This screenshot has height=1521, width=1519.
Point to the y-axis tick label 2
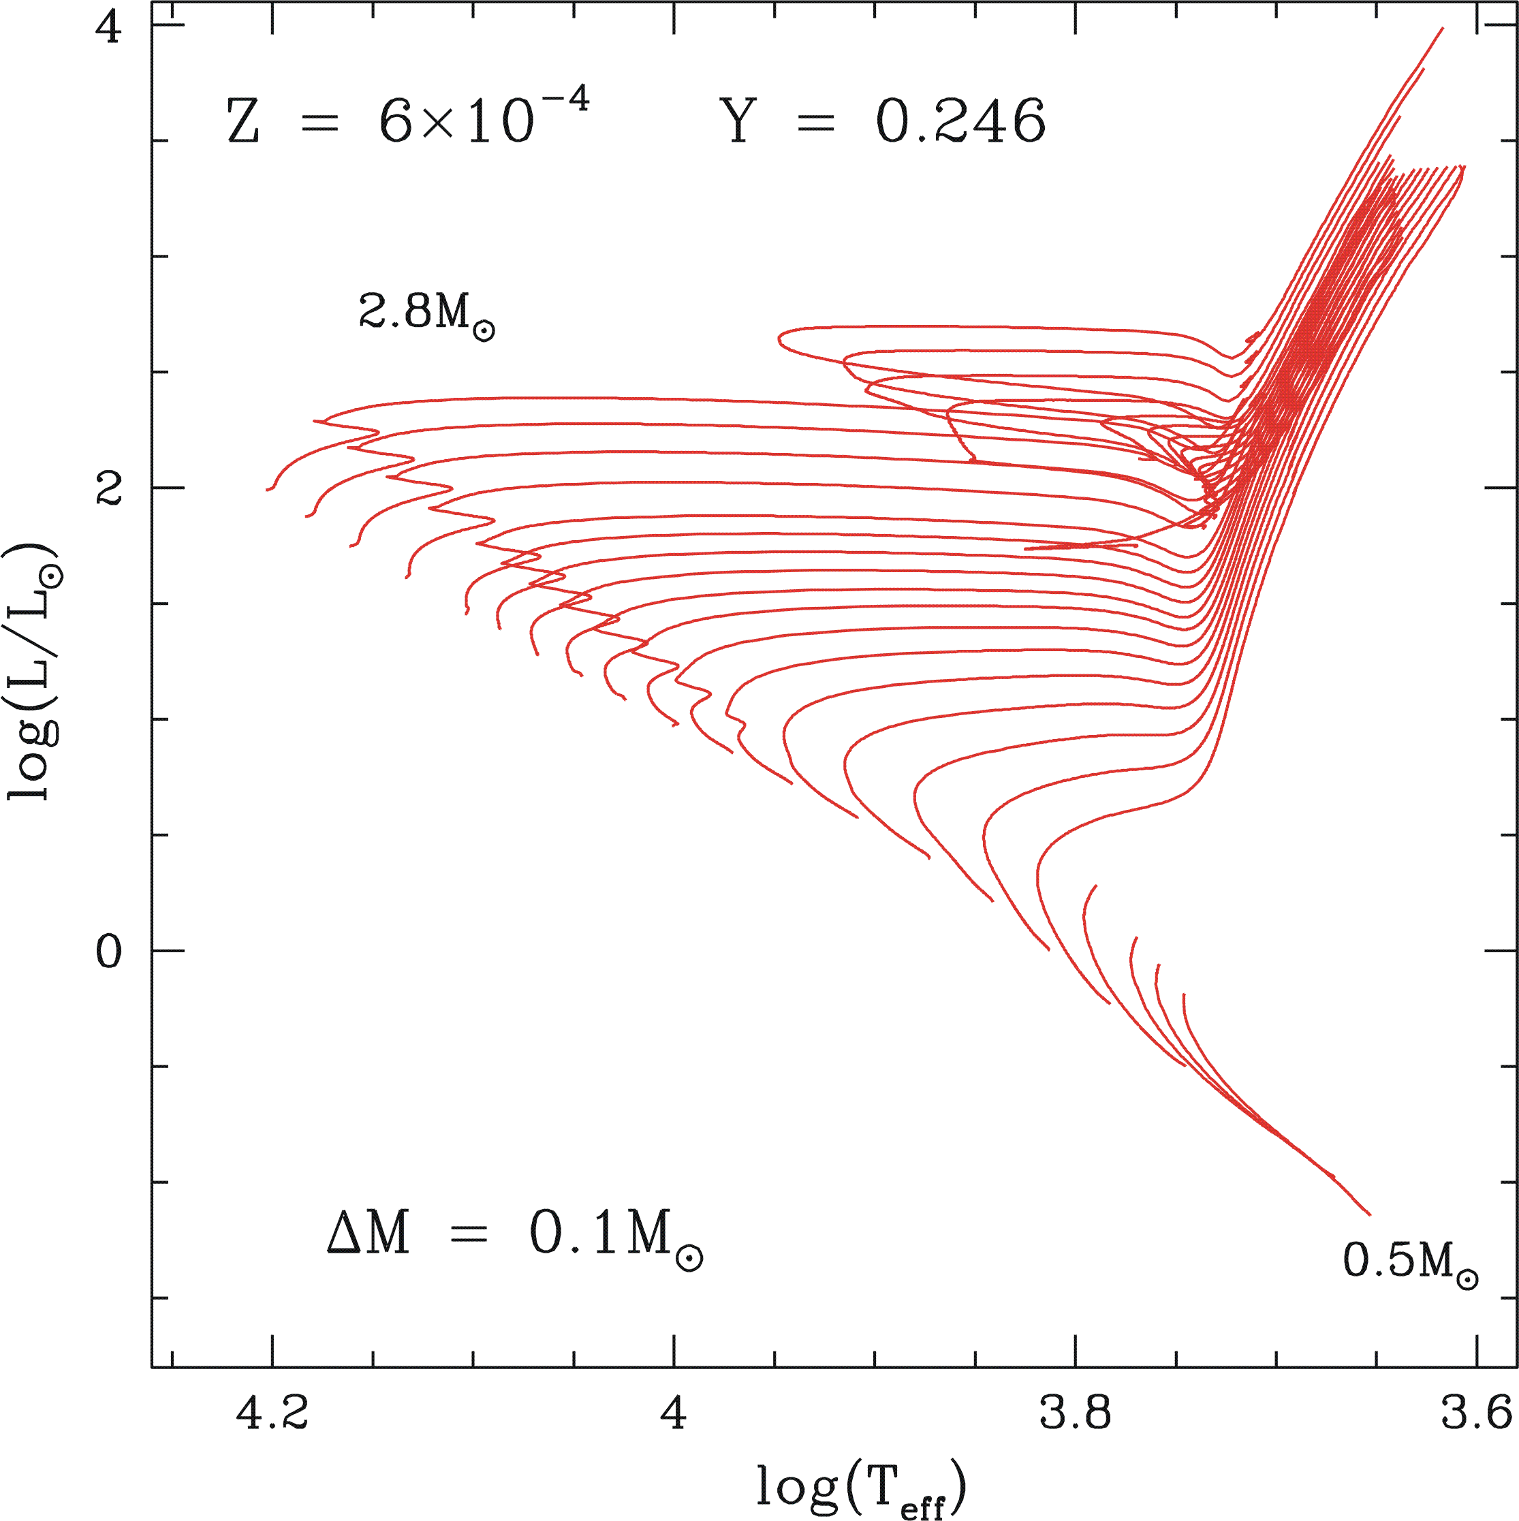coord(109,490)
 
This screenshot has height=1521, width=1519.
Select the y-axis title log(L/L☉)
coord(33,673)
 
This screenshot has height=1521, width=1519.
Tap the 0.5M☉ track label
coord(1409,1262)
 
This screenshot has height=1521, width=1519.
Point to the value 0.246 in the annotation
coord(960,122)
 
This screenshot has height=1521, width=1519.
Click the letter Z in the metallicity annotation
coord(243,122)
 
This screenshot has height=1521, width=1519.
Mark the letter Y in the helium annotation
coord(738,122)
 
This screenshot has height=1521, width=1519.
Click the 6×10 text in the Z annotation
coord(456,122)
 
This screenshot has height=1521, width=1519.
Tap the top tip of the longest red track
coord(1442,29)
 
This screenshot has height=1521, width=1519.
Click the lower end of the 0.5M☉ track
coord(1369,1214)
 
